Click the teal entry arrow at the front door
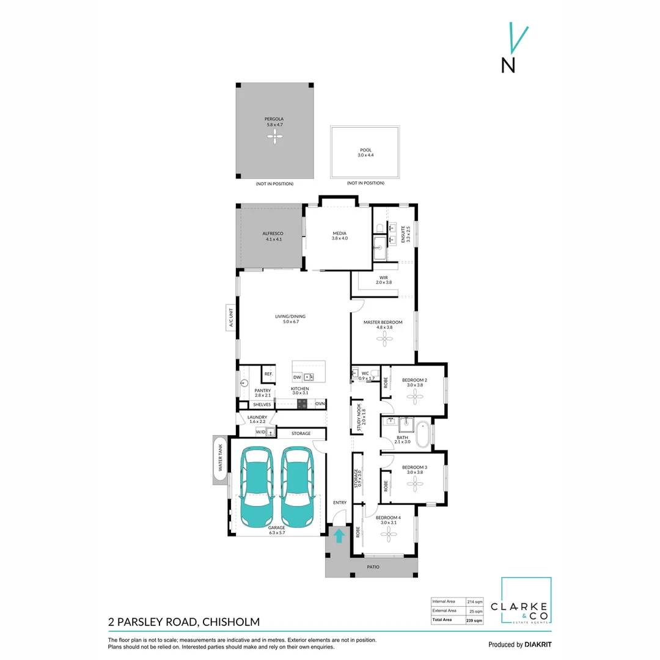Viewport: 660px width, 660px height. [x=339, y=535]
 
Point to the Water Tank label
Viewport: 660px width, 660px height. [x=221, y=460]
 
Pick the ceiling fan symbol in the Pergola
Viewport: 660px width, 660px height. [x=274, y=138]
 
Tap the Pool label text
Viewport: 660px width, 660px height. [x=365, y=150]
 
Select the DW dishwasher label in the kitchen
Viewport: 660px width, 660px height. [x=297, y=378]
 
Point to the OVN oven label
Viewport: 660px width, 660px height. [x=320, y=404]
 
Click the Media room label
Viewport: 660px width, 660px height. [x=340, y=233]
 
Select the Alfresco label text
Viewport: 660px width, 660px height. [x=273, y=233]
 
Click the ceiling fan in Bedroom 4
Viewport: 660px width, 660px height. [x=389, y=536]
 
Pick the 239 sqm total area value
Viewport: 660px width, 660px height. [x=474, y=620]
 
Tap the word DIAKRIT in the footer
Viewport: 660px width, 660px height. [x=538, y=644]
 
